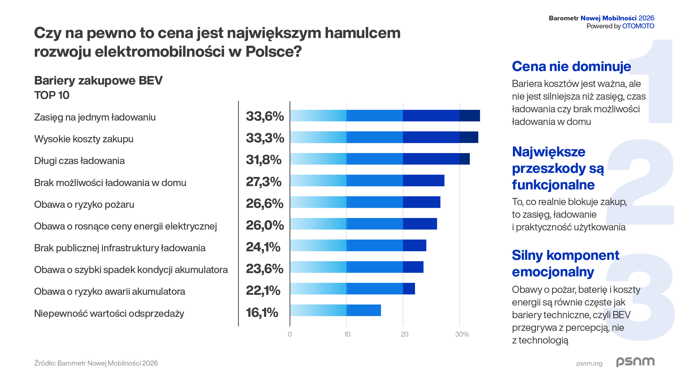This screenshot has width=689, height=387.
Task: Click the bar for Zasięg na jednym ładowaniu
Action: click(385, 116)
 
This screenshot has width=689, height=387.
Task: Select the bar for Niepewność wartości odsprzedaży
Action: click(335, 310)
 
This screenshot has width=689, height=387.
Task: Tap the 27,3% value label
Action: click(263, 182)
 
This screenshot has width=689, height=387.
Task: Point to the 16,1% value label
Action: click(262, 312)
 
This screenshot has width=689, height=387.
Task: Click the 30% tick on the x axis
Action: click(462, 334)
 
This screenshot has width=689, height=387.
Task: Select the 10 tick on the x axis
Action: click(347, 334)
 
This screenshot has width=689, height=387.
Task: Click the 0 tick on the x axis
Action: click(290, 334)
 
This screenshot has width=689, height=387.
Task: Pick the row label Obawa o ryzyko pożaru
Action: click(84, 205)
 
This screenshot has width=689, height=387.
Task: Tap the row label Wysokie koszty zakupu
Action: click(84, 139)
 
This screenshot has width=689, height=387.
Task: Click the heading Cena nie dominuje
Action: click(571, 66)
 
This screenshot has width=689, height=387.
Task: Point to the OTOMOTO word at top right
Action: click(638, 26)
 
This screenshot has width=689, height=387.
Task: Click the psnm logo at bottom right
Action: click(635, 362)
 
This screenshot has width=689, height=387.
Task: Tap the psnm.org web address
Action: click(589, 363)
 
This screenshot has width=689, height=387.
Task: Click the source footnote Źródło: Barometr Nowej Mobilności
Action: click(96, 363)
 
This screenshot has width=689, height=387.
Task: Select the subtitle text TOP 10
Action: click(52, 95)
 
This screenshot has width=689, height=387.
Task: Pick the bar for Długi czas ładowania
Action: click(380, 159)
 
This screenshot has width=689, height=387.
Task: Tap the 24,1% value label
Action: click(263, 247)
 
